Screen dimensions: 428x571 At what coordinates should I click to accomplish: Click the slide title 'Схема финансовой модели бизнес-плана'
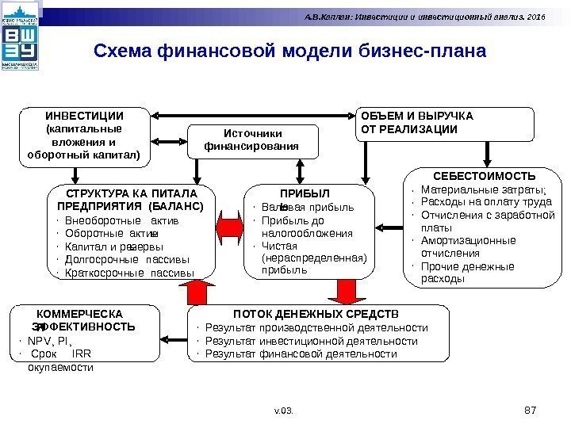point(289,52)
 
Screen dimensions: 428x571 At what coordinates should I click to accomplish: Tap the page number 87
point(531,408)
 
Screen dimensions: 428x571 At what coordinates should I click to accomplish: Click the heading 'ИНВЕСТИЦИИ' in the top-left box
point(84,115)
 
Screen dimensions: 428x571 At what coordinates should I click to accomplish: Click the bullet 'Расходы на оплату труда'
point(477,201)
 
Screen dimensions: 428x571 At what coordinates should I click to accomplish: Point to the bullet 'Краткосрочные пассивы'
point(128,273)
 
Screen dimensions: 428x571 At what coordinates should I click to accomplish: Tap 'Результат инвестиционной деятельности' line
point(311,341)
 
